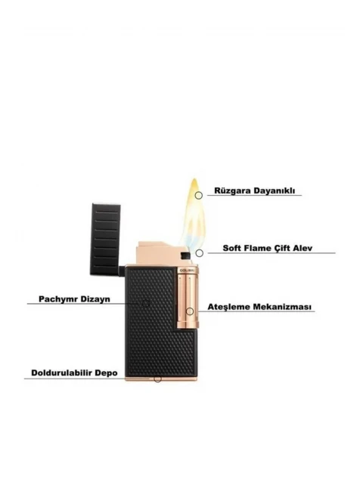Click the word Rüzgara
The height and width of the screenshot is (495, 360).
click(x=228, y=190)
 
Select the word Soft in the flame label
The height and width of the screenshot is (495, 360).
click(x=232, y=248)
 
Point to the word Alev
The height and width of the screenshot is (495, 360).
click(x=302, y=248)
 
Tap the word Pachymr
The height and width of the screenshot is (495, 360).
click(x=57, y=299)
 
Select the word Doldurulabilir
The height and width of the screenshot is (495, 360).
click(x=61, y=373)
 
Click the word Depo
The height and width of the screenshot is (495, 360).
click(x=106, y=373)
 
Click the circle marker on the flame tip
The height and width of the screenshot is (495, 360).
click(x=198, y=196)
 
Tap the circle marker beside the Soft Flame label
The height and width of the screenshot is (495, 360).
click(x=199, y=253)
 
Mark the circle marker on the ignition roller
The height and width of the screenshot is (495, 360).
click(x=190, y=311)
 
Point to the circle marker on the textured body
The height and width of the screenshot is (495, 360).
click(x=146, y=304)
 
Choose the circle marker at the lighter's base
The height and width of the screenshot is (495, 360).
click(x=157, y=379)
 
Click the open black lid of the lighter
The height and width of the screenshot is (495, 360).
click(x=106, y=238)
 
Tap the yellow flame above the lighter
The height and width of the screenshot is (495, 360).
click(x=193, y=215)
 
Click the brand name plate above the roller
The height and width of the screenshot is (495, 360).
click(x=187, y=271)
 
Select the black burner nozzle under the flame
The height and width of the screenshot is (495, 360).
click(x=185, y=255)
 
